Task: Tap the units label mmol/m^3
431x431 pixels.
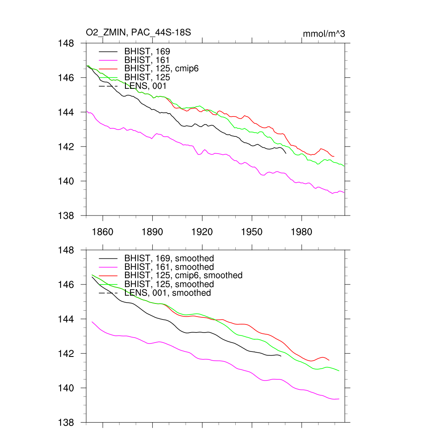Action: coord(324,34)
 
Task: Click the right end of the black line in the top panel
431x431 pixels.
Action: coord(286,153)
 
